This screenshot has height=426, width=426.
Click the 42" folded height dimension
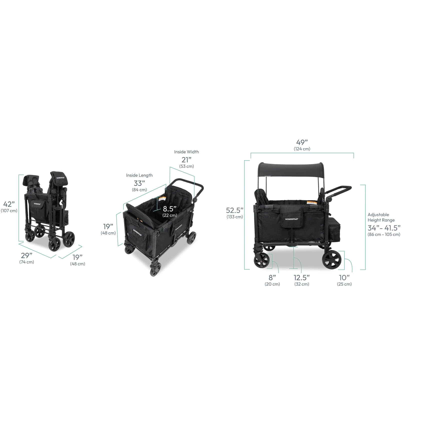(9, 204)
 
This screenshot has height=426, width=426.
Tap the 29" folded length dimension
(27, 255)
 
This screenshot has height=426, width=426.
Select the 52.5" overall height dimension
(235, 210)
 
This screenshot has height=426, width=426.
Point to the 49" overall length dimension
(302, 142)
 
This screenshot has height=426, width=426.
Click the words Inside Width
(186, 152)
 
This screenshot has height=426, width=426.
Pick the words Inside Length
(139, 175)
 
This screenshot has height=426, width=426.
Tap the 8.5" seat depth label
(170, 209)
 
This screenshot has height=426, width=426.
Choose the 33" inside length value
(139, 183)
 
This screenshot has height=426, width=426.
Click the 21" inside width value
(186, 160)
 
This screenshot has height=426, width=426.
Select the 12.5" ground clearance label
(302, 278)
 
